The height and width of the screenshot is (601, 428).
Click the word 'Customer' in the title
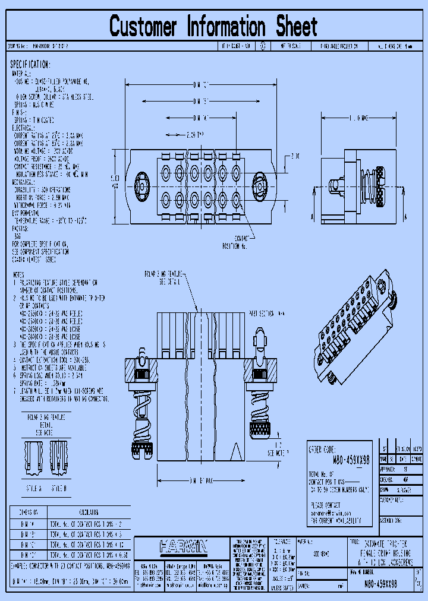[143, 27]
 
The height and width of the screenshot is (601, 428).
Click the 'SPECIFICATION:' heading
[30, 65]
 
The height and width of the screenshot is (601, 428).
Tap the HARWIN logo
[183, 546]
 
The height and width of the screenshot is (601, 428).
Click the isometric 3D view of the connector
[355, 330]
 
